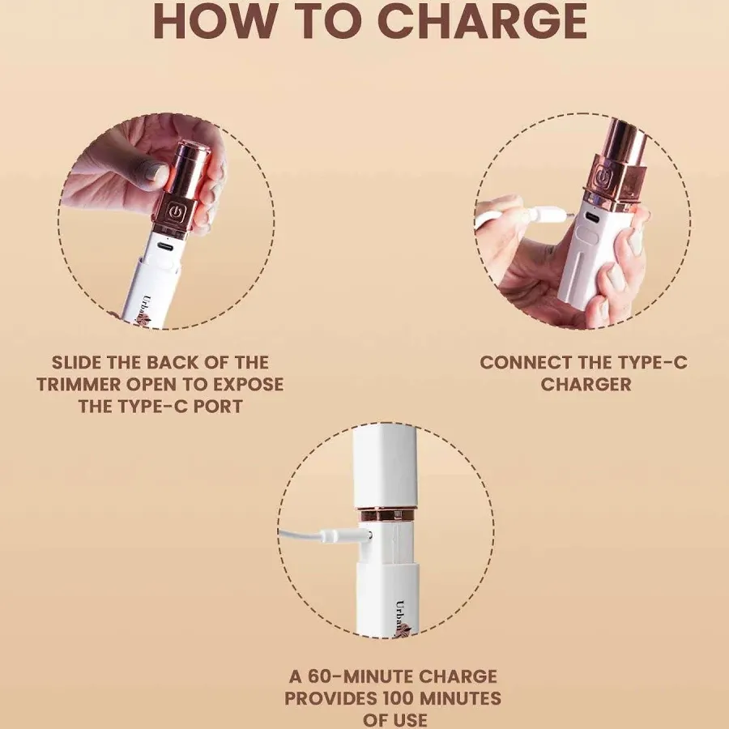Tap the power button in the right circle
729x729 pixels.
point(602,178)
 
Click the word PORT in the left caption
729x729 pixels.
point(216,406)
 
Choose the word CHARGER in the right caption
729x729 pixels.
point(586,384)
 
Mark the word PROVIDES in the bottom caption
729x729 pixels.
point(334,698)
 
